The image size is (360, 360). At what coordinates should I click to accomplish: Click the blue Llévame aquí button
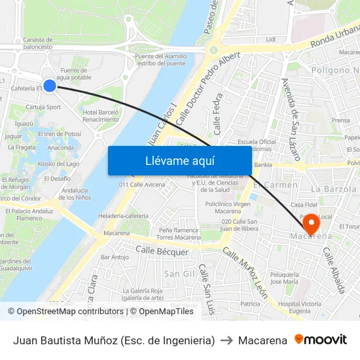click(179, 160)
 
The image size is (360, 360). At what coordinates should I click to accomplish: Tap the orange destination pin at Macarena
click(312, 224)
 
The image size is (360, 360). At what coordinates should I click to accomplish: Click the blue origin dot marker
click(49, 85)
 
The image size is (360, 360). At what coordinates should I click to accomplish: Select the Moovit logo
click(321, 340)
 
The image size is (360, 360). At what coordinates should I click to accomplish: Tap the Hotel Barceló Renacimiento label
click(101, 116)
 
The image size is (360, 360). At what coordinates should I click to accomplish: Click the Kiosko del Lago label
click(59, 164)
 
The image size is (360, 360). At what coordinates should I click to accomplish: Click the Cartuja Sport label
click(44, 107)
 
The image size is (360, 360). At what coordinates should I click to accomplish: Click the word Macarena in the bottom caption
click(262, 340)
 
